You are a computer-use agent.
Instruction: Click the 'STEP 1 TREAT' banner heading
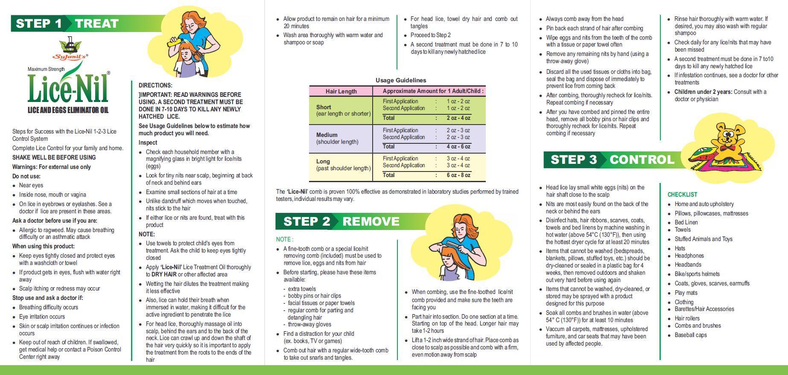(x=67, y=23)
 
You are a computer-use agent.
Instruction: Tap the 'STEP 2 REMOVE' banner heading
(x=341, y=221)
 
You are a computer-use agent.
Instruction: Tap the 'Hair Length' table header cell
(x=341, y=91)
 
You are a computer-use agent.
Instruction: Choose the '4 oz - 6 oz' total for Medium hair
(x=458, y=146)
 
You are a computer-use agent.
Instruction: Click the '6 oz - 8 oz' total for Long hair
(x=458, y=175)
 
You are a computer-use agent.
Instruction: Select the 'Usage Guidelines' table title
(x=400, y=80)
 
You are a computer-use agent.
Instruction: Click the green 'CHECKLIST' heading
(x=682, y=195)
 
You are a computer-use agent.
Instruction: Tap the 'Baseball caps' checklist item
(x=690, y=335)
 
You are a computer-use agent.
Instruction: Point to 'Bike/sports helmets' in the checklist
(x=697, y=274)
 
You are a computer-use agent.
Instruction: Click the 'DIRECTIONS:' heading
(x=155, y=85)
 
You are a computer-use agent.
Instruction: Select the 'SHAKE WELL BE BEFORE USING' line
(x=54, y=157)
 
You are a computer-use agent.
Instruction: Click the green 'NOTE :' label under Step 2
(x=285, y=239)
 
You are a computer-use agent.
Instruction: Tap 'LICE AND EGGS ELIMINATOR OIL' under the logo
(x=68, y=110)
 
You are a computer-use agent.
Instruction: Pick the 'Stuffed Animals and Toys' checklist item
(x=703, y=239)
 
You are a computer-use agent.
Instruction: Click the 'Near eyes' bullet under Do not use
(x=31, y=185)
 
